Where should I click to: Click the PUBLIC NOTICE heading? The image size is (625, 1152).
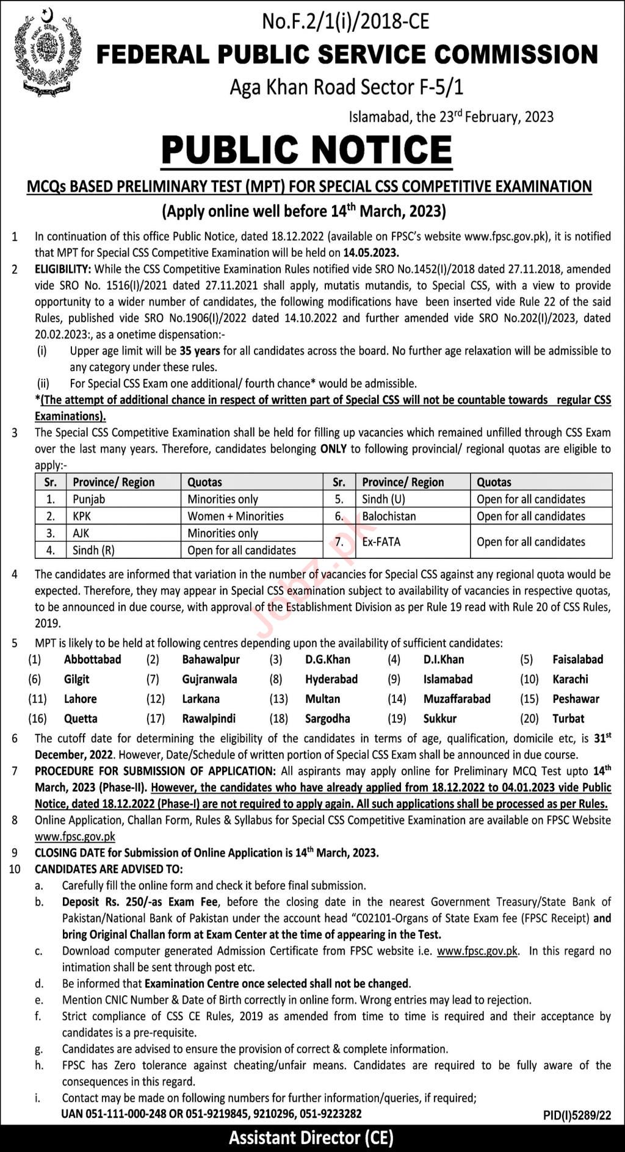306,149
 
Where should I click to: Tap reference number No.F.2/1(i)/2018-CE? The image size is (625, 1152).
345,22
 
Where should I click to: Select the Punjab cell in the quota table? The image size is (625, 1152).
89,499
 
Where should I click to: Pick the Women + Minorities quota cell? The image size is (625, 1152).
236,516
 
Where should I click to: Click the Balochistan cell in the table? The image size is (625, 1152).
389,516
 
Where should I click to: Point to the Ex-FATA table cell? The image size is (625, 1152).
381,542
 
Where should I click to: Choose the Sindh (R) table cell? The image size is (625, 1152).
93,550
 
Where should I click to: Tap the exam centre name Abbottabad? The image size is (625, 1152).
93,660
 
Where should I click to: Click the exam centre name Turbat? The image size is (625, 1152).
568,719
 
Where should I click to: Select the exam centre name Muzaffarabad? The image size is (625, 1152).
457,699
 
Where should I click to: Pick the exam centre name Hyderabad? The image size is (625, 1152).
331,679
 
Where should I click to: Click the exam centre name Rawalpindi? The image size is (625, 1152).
209,719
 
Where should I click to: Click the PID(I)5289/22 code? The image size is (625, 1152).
577,1115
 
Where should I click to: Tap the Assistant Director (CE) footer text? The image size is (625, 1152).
311,1138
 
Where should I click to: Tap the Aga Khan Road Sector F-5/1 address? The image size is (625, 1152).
346,87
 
